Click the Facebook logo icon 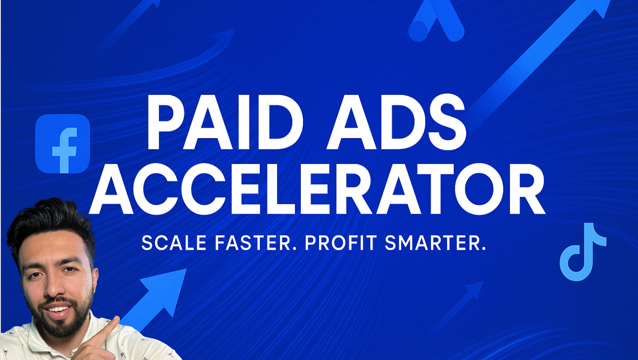(x=62, y=144)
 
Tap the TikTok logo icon (x=583, y=252)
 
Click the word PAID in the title (x=225, y=122)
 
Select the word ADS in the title (x=396, y=122)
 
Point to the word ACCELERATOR (x=317, y=189)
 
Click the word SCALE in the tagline (x=174, y=243)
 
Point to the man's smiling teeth (x=58, y=309)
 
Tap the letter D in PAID (x=278, y=122)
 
